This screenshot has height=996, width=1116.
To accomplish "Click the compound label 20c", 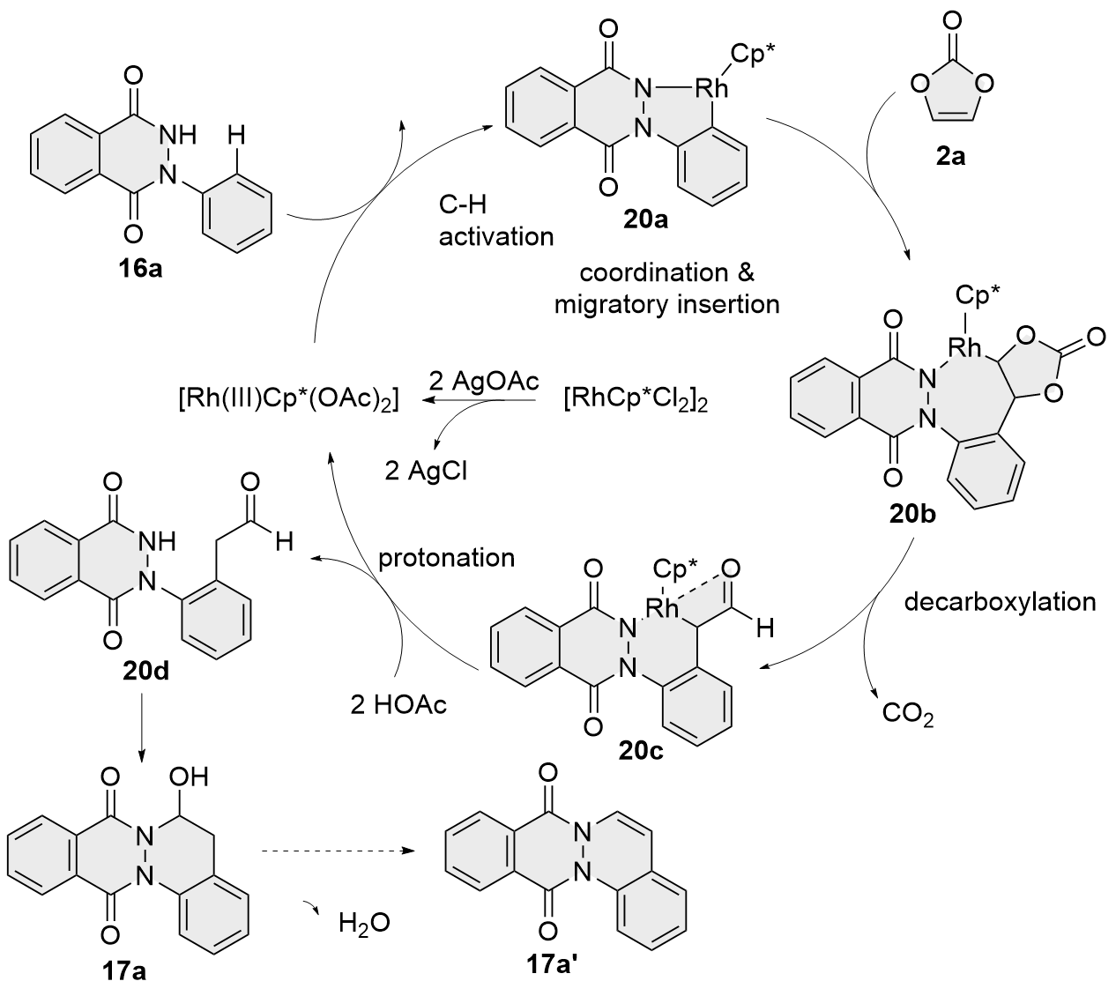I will pyautogui.click(x=641, y=751).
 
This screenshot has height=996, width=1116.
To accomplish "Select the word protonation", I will pyautogui.click(x=446, y=558).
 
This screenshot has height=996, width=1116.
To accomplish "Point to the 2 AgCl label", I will pyautogui.click(x=427, y=470).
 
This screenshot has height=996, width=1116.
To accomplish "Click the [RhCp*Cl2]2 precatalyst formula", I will pyautogui.click(x=636, y=402).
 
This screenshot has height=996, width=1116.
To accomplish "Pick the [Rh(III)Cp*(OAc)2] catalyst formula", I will pyautogui.click(x=287, y=402).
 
